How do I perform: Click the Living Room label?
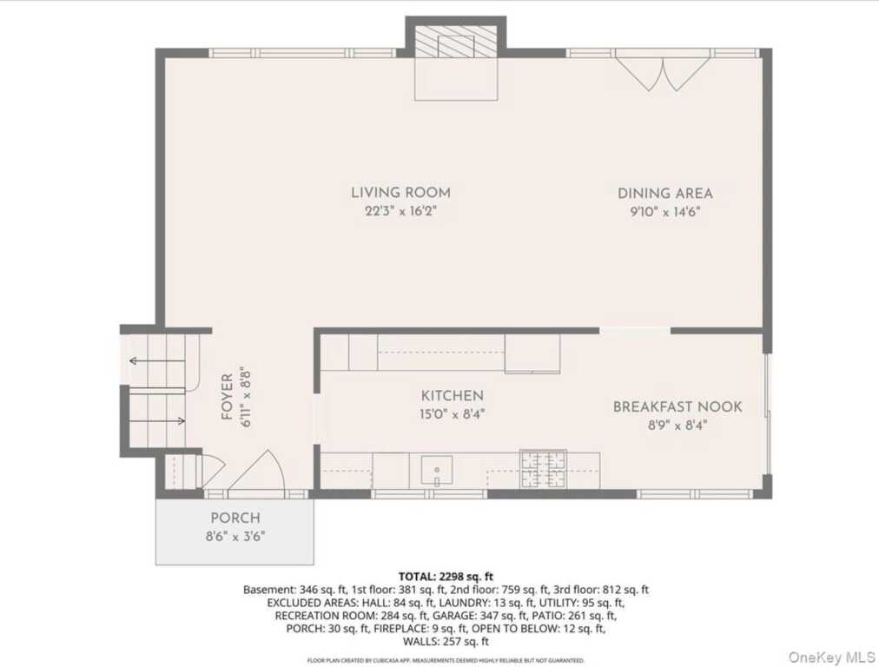[x=400, y=193]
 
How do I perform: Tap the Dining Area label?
[x=665, y=194]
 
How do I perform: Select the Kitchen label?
[x=453, y=396]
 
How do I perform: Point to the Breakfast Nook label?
[x=677, y=407]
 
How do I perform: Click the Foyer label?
[x=227, y=397]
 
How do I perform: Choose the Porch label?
[x=235, y=518]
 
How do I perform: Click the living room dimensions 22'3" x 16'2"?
[x=400, y=211]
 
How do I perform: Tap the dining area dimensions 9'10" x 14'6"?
[x=665, y=212]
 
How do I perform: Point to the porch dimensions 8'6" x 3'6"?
[x=235, y=537]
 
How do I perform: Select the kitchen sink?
[x=437, y=470]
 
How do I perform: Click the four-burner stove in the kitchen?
[x=543, y=469]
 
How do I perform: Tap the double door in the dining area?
[x=664, y=70]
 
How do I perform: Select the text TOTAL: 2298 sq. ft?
[x=446, y=576]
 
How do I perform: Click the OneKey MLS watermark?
[x=831, y=657]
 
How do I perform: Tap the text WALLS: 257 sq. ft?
[x=446, y=642]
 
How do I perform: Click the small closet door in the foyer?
[x=214, y=470]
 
